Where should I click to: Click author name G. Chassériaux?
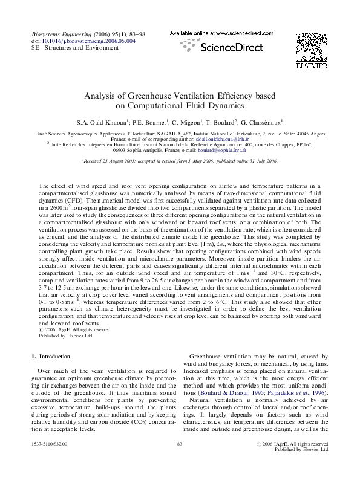(252, 121)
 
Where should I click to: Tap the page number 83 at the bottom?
(180, 462)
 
